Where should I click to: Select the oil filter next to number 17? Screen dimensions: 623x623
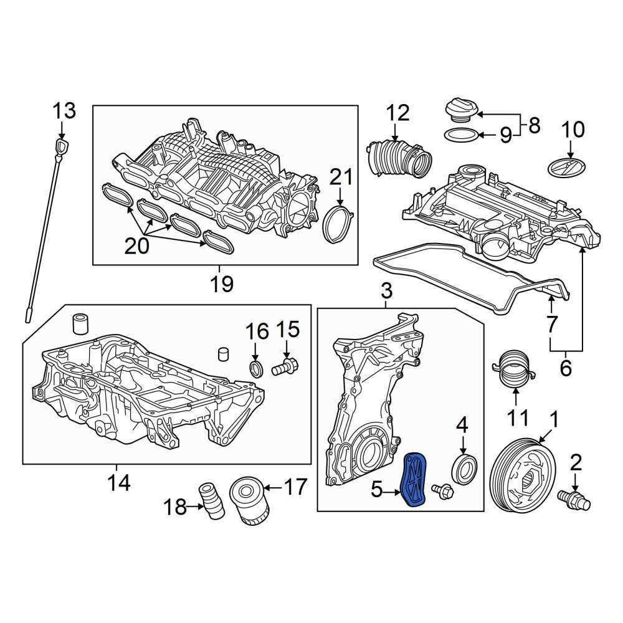tap(250, 501)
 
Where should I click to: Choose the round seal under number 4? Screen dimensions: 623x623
tap(465, 470)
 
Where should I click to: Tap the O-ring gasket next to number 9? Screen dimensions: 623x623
tap(461, 135)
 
